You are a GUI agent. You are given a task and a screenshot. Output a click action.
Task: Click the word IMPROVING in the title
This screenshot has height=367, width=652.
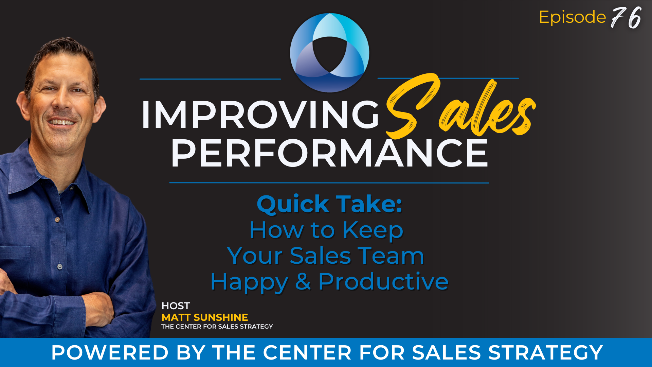coord(260,115)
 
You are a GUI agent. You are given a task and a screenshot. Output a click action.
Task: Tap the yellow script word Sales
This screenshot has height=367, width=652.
coord(460,107)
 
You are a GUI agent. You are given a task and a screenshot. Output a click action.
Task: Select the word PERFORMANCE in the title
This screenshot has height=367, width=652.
coord(329,154)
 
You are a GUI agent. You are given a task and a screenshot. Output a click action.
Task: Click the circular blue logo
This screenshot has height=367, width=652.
coord(329,53)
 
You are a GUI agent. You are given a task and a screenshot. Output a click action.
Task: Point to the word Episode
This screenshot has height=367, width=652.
coord(572,17)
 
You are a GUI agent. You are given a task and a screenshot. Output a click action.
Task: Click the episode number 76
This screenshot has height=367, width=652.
coord(626,18)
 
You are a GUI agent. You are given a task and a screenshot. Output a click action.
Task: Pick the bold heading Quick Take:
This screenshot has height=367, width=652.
coord(329,204)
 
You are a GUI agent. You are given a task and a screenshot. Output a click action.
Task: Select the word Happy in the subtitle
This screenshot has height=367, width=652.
coord(249,282)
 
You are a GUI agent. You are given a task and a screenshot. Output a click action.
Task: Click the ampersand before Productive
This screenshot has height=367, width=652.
coord(303,281)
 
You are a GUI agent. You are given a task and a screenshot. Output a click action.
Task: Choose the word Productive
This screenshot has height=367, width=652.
coord(383,281)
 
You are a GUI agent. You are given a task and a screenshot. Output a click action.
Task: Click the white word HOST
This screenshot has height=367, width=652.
coord(176,306)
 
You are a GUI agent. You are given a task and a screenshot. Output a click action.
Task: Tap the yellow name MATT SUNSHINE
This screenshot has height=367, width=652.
coord(205,317)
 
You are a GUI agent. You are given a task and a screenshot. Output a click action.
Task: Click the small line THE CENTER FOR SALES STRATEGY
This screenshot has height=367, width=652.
coord(217,327)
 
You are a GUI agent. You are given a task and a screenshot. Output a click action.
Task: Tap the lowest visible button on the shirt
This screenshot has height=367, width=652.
coord(60,267)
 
